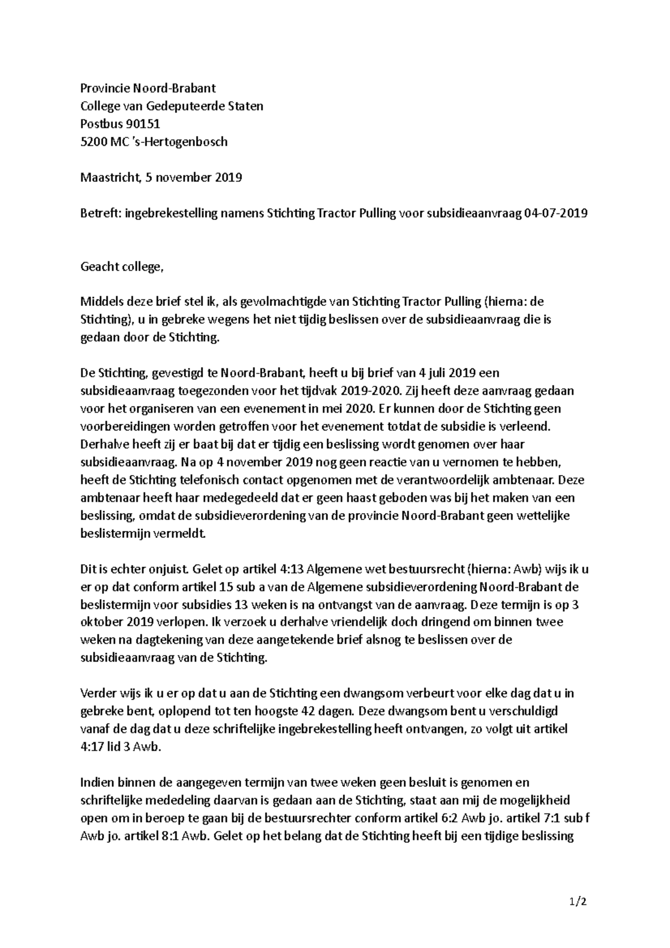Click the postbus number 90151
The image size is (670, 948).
[142, 124]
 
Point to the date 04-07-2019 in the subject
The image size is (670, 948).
[556, 213]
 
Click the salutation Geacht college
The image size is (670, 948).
[122, 267]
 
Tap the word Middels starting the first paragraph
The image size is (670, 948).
[101, 302]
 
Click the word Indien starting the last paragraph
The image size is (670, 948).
[97, 783]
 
